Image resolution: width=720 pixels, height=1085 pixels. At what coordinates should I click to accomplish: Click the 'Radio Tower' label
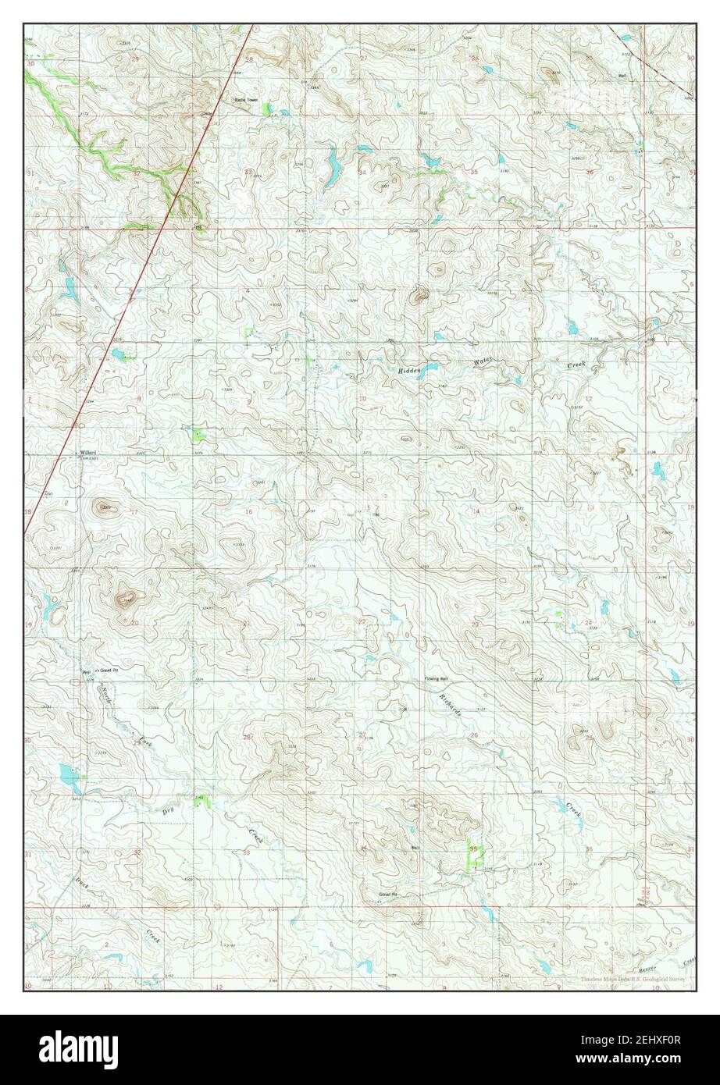(x=246, y=100)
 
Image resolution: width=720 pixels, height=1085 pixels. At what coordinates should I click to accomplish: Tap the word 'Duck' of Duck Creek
(x=82, y=882)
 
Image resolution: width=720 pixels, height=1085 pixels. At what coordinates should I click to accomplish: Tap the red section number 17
(x=134, y=513)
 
